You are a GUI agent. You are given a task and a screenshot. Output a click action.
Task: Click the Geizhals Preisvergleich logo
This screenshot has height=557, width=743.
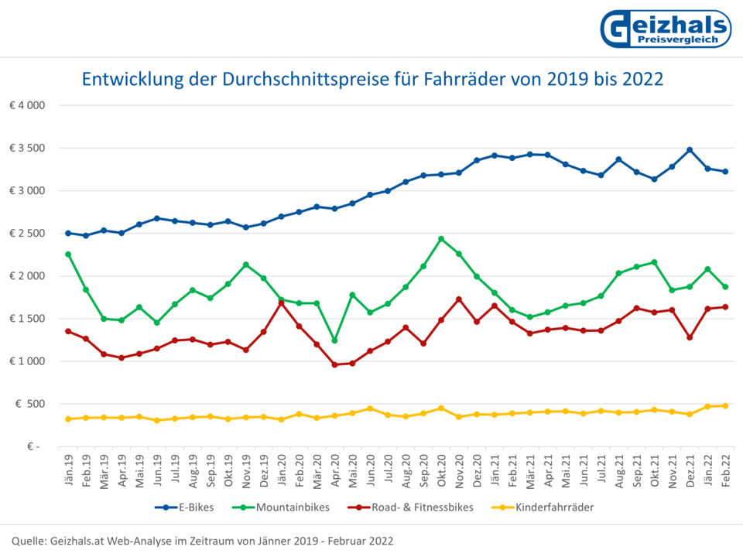665,29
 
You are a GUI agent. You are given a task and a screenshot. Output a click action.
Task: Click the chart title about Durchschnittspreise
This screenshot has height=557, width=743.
372,80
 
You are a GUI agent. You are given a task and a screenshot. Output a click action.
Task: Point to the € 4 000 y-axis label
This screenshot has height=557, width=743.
28,105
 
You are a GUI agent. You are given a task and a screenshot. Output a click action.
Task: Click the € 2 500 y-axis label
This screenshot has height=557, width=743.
28,233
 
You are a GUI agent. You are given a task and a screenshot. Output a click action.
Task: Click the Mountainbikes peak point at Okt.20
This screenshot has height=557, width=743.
441,239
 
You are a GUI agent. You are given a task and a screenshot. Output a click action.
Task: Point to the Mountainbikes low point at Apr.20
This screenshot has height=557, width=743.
334,340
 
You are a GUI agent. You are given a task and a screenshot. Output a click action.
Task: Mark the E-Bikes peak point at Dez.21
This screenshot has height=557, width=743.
690,150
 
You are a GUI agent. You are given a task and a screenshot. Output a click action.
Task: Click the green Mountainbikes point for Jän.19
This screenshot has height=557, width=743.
68,255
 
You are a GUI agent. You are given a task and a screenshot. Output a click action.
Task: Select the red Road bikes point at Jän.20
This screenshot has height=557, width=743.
281,302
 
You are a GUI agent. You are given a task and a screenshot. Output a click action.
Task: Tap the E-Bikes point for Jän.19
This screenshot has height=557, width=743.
68,233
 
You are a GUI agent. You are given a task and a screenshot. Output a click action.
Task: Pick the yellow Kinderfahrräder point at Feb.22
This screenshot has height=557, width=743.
725,405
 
